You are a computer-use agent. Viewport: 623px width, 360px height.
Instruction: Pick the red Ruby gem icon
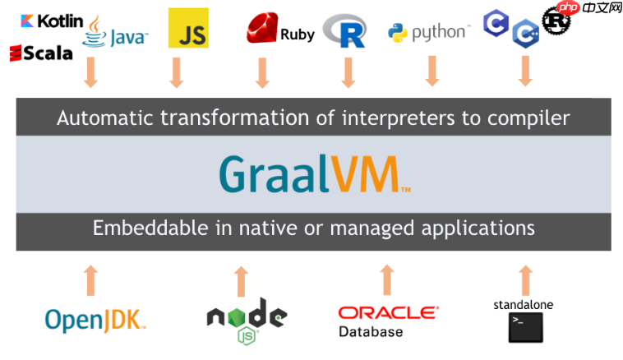pyautogui.click(x=262, y=30)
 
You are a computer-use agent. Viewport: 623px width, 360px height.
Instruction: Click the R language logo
pyautogui.click(x=344, y=31)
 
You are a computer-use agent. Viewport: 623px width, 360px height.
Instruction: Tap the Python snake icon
pyautogui.click(x=399, y=33)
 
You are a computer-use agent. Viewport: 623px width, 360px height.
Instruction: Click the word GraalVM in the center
pyautogui.click(x=312, y=173)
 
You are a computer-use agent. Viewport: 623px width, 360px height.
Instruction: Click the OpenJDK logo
pyautogui.click(x=95, y=319)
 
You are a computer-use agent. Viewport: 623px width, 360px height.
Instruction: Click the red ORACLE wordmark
pyautogui.click(x=388, y=313)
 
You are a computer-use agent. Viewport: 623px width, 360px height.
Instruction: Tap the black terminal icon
pyautogui.click(x=524, y=326)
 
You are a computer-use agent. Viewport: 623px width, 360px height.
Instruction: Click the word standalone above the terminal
pyautogui.click(x=523, y=304)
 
